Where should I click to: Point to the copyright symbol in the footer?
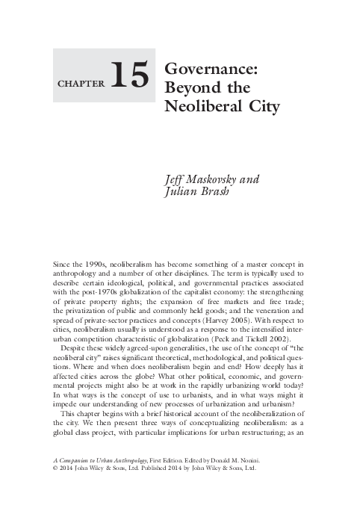[56, 473]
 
